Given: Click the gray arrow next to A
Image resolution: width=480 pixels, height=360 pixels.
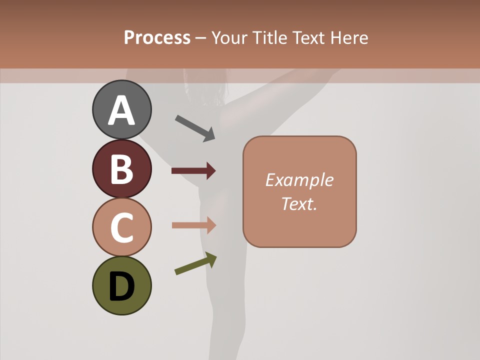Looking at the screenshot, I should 195,128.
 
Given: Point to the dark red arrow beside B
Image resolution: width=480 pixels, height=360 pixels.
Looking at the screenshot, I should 193,171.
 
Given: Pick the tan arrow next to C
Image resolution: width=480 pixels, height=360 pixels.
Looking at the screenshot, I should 193,225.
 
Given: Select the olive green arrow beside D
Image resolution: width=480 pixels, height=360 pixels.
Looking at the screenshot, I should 195,263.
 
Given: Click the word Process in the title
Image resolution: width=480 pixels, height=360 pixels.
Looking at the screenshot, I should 157,37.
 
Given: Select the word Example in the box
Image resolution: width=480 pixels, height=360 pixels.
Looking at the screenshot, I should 299,180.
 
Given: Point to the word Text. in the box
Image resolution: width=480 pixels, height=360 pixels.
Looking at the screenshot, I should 299,203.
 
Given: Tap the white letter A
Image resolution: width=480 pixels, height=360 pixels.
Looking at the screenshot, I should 121,111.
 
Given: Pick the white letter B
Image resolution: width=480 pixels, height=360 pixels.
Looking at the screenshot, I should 121,169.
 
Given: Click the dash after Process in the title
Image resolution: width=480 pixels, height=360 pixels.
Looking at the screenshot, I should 201,38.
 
